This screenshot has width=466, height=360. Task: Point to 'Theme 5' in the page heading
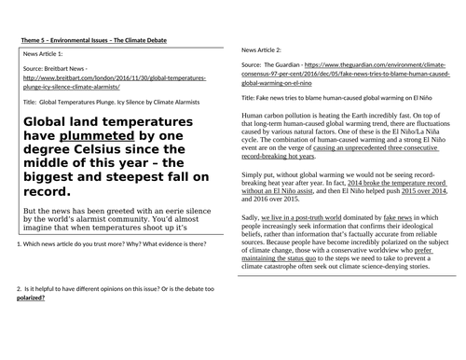click(34, 38)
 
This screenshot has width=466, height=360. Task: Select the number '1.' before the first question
click(21, 244)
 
